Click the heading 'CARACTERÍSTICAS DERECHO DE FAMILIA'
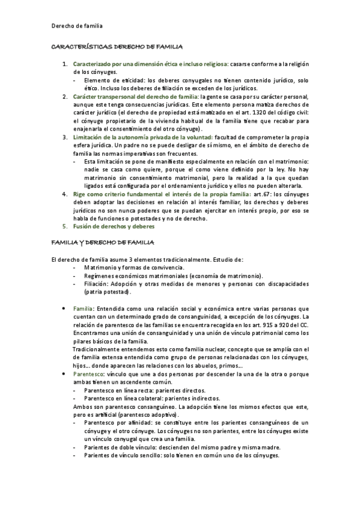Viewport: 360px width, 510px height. point(117,46)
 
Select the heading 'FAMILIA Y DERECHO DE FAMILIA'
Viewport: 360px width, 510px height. point(103,242)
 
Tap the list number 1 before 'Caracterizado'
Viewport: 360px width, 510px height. point(66,64)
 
